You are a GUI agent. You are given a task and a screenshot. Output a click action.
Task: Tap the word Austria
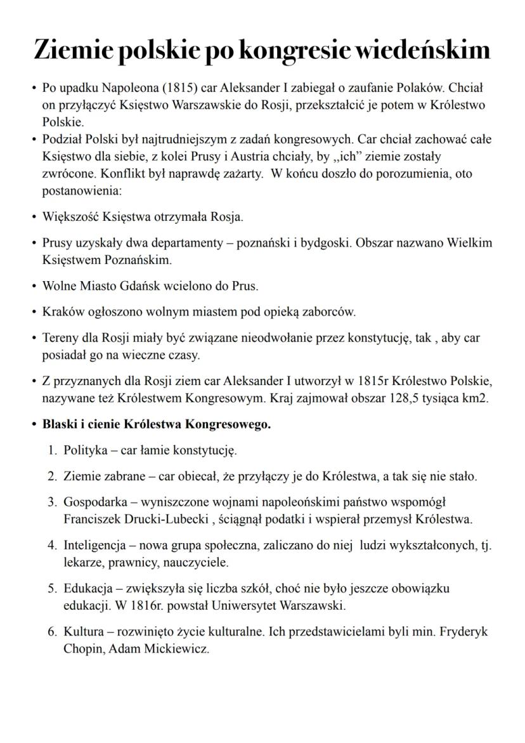pyautogui.click(x=256, y=156)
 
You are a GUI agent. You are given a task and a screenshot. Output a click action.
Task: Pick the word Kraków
pyautogui.click(x=61, y=312)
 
